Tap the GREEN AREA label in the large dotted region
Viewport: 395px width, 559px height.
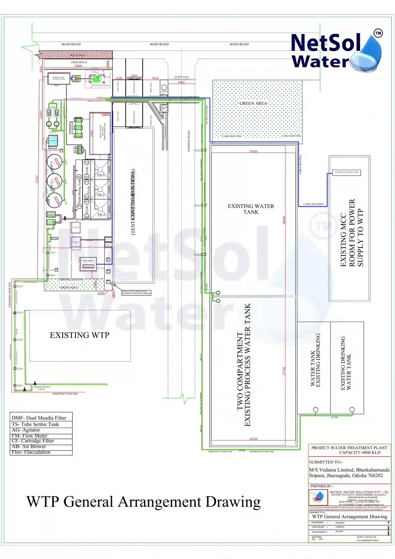tap(253, 103)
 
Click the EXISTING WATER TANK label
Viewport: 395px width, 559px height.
tap(251, 209)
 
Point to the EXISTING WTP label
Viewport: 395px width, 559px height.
tap(80, 335)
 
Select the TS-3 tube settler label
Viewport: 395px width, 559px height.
tap(101, 175)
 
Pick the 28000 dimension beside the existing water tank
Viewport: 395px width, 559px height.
tap(284, 220)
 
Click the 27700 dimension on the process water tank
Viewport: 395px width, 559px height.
tap(284, 371)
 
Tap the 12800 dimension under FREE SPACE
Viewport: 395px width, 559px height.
tap(78, 66)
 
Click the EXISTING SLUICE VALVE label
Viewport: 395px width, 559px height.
tap(42, 388)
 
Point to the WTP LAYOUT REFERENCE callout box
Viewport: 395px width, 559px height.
tap(136, 292)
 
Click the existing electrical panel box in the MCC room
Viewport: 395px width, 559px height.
tap(346, 172)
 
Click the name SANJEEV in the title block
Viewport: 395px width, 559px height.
tap(340, 523)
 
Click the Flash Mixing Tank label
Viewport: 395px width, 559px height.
tap(79, 191)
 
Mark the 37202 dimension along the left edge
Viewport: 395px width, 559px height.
tap(37, 179)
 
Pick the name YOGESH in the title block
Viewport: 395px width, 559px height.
tap(339, 527)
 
